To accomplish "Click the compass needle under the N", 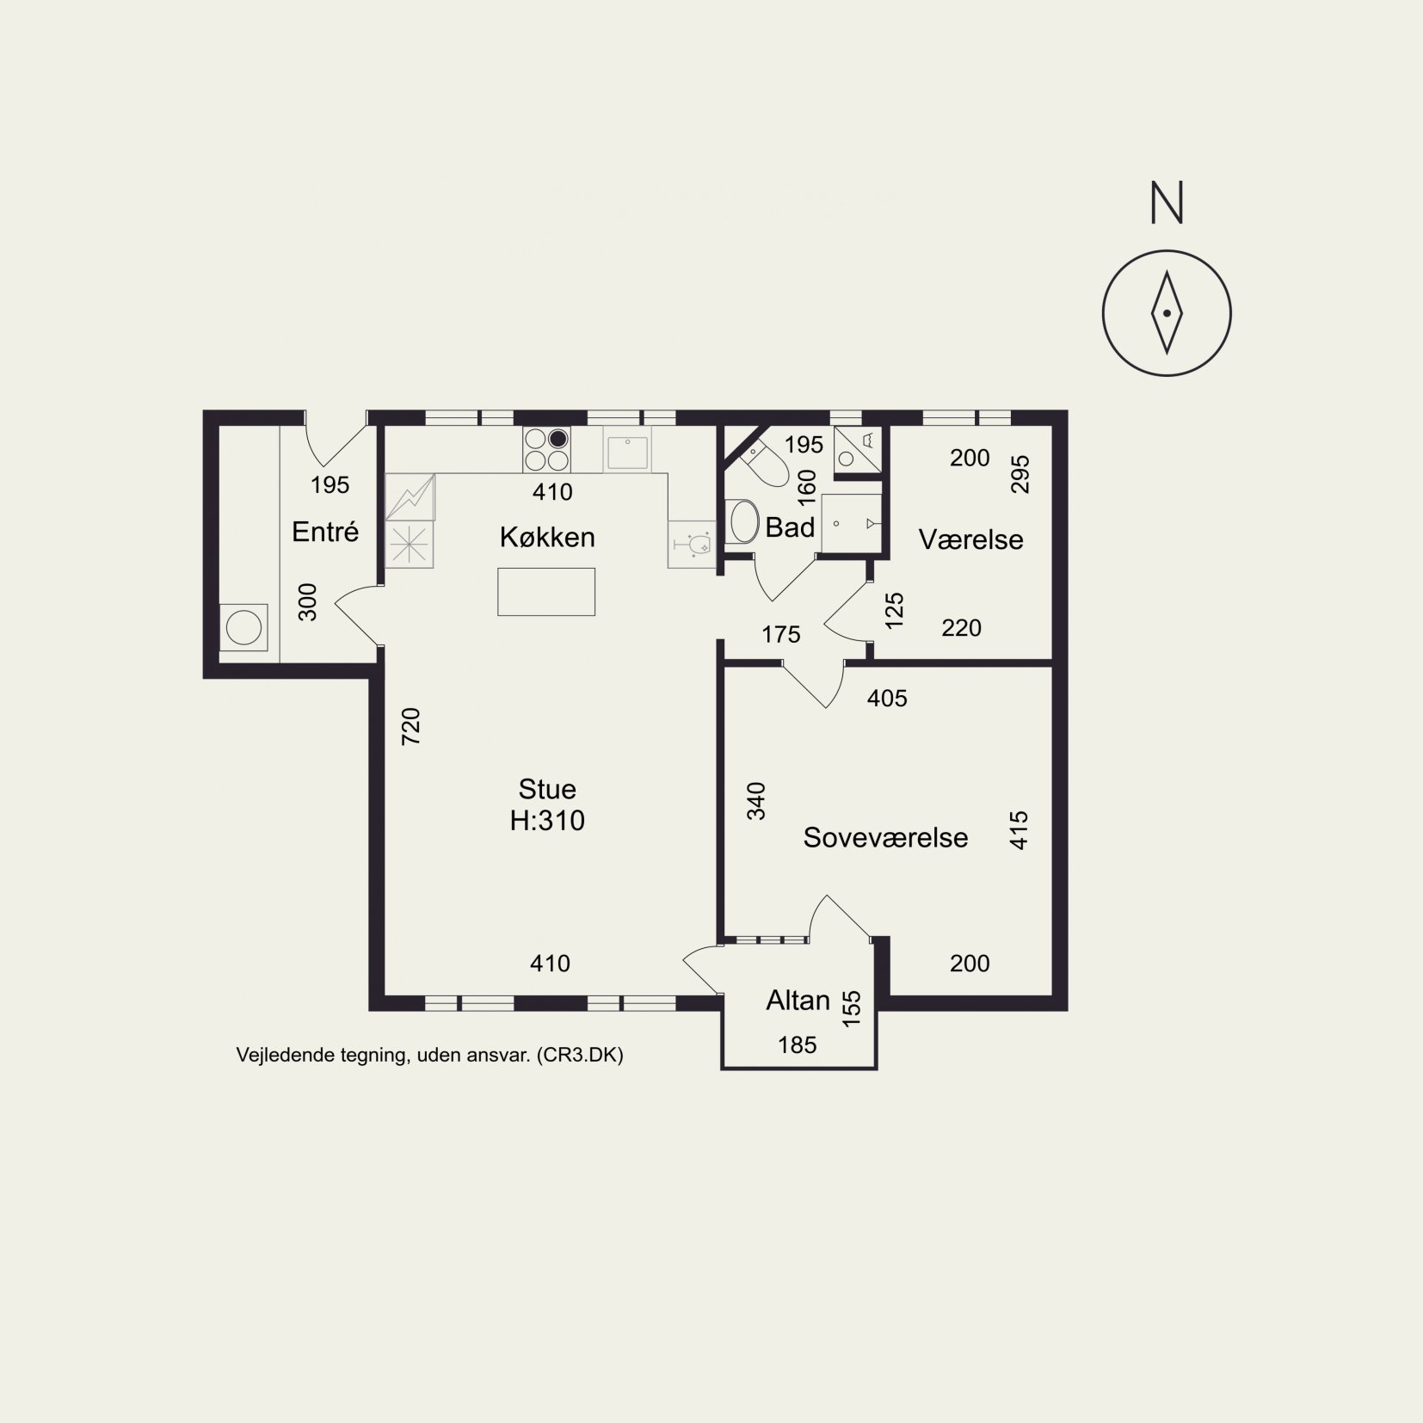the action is click(1167, 312).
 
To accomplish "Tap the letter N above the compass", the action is click(1167, 202).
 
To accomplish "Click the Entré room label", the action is click(325, 531).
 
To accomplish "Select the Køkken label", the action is click(547, 537).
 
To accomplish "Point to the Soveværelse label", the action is click(885, 837).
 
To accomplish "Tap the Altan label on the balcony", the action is click(798, 1000).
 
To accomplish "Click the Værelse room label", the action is click(970, 539).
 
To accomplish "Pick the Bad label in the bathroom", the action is click(790, 527).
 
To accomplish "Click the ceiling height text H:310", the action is click(547, 820).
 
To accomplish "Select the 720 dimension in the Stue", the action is click(411, 725).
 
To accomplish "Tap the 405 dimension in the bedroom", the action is click(887, 698).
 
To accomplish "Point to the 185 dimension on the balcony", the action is click(797, 1044).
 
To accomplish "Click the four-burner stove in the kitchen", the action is click(546, 450).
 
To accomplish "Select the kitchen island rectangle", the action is click(546, 591).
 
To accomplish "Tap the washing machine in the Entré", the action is click(243, 627).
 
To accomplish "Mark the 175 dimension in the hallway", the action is click(781, 635).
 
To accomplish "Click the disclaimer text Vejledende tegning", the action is click(320, 1056).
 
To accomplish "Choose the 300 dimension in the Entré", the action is click(307, 602).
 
